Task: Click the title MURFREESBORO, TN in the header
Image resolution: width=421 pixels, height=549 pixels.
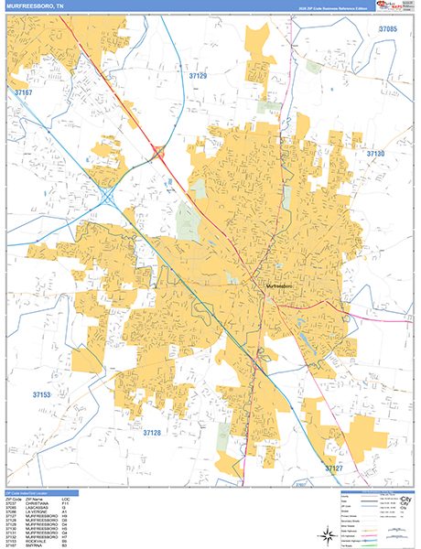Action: coord(36,7)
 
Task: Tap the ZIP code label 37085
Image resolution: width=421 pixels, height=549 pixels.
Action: coord(388,30)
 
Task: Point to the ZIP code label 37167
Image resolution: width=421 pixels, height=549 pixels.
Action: coord(23,92)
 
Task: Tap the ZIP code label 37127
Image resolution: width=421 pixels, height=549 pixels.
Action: coord(335,468)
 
